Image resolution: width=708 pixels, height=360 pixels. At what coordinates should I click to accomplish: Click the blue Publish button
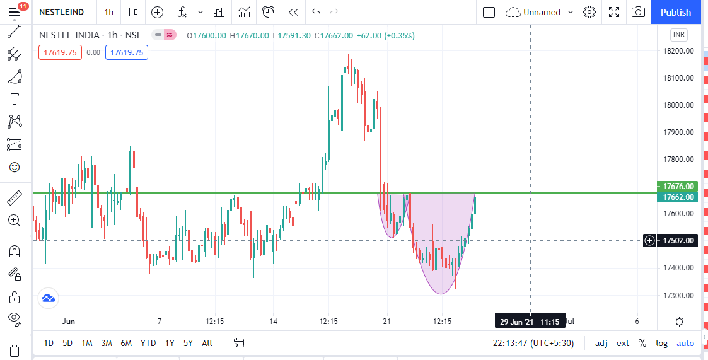(x=675, y=12)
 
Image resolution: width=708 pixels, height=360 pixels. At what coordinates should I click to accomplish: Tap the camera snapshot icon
(x=639, y=12)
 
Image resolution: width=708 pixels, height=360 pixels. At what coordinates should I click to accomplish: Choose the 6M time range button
(x=126, y=343)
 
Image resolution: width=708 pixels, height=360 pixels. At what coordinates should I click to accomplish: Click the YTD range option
(x=148, y=343)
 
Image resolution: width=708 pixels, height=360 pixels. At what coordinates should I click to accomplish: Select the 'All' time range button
(x=207, y=343)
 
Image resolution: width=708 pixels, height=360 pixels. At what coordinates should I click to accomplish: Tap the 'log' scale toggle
(x=661, y=343)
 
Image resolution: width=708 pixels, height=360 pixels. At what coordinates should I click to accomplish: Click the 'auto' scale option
(x=685, y=343)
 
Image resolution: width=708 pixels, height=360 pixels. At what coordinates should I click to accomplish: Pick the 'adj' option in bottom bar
(x=601, y=343)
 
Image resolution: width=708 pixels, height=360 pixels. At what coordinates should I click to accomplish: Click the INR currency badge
(x=679, y=34)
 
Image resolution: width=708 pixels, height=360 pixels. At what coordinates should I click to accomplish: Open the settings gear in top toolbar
(x=589, y=12)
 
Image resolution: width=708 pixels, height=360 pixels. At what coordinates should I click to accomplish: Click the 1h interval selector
(x=109, y=12)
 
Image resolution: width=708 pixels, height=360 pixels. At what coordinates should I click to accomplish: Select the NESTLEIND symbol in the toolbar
(x=61, y=12)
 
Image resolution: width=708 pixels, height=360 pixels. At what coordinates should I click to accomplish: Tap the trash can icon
(x=15, y=351)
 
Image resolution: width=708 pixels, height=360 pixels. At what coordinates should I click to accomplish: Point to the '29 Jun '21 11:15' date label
(x=530, y=322)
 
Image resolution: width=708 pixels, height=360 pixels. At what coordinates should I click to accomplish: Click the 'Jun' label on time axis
(x=68, y=322)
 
